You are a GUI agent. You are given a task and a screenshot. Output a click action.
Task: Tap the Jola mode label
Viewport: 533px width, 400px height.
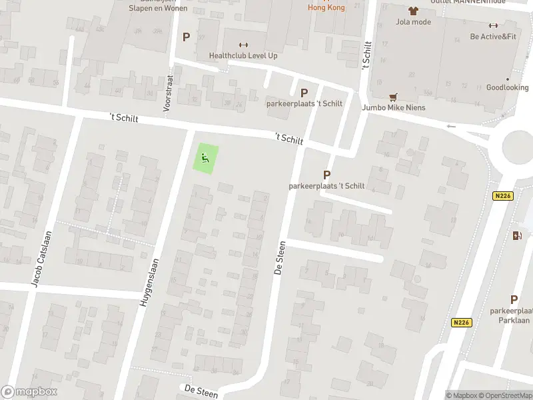pos(413,22)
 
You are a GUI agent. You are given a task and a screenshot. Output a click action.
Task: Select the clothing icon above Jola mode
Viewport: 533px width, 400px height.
pos(413,11)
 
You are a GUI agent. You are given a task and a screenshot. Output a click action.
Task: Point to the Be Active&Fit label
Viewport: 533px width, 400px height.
pos(493,37)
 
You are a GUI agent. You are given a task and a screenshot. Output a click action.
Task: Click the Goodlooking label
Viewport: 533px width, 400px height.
pos(507,87)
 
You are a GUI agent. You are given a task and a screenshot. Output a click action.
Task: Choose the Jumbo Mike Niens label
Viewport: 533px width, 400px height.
pos(394,107)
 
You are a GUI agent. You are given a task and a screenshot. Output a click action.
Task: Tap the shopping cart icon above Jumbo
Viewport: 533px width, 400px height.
pos(394,96)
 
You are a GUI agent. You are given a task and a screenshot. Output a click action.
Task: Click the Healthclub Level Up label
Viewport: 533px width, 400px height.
pos(243,56)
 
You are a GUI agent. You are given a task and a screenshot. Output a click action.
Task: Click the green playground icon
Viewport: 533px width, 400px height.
pos(205,159)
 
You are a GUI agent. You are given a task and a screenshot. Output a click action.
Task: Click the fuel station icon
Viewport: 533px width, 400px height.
pos(516,235)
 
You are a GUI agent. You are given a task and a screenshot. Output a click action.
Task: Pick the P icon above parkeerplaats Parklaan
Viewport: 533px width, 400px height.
pos(514,300)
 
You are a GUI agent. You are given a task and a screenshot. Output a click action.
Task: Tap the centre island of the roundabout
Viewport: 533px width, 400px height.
pos(520,145)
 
